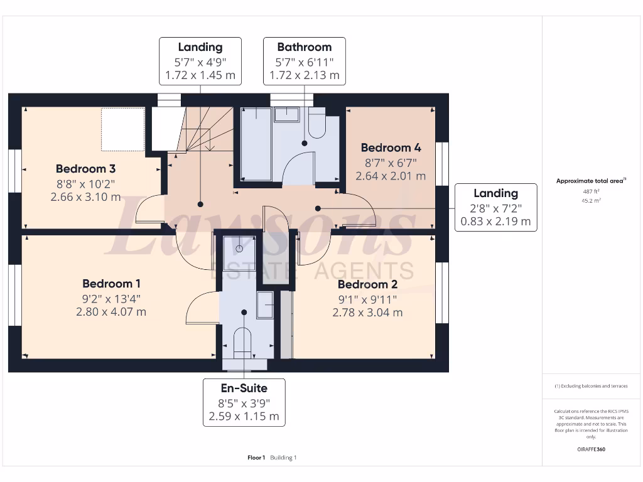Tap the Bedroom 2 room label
(x=367, y=284)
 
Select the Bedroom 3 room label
(x=85, y=169)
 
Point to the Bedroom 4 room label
(x=391, y=148)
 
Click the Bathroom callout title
(x=305, y=47)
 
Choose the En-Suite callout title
(x=244, y=388)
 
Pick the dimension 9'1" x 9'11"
(x=367, y=299)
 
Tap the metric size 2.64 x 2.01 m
(x=391, y=176)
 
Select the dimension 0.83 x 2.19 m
(x=495, y=221)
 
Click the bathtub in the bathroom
(x=256, y=144)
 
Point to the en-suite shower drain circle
(x=239, y=248)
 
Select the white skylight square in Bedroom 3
(x=123, y=129)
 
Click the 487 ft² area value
(x=590, y=192)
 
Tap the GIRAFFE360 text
(x=590, y=449)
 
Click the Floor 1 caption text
(x=256, y=458)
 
